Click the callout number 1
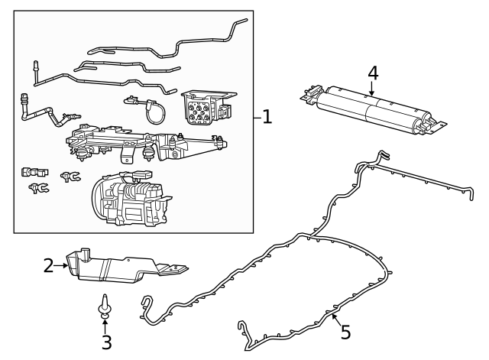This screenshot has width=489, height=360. coord(267,117)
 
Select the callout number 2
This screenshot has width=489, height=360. coord(48,266)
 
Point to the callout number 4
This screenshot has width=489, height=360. coord(372,73)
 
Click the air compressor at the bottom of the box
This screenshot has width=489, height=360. coord(130,200)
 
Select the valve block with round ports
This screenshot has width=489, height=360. coord(202,108)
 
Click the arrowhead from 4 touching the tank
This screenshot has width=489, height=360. coord(371,95)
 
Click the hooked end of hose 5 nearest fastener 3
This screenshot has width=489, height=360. coord(145,306)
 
